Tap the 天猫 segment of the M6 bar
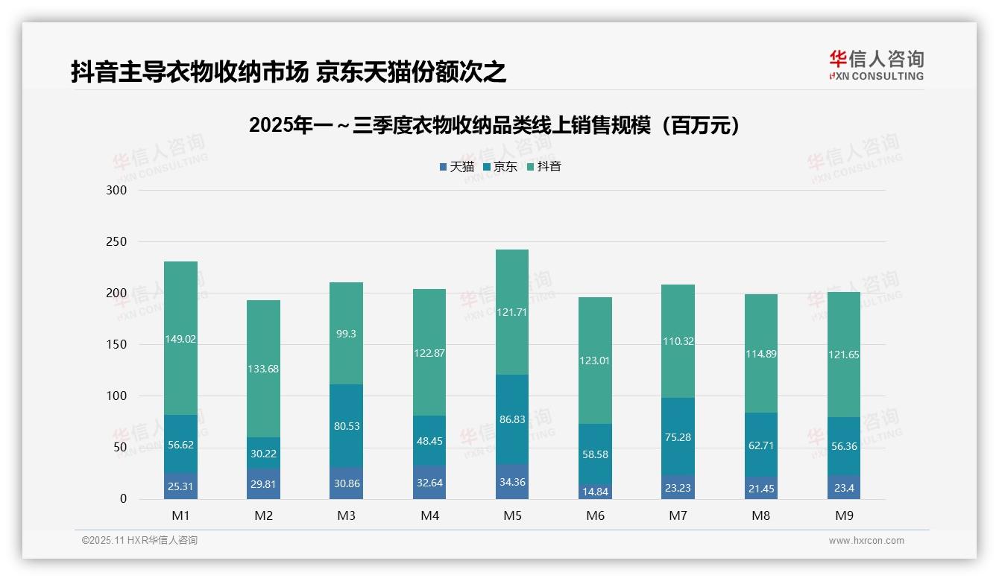click(594, 492)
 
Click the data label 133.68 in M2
click(263, 369)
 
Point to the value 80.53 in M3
click(346, 426)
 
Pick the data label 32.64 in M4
click(429, 482)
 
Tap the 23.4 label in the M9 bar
click(843, 488)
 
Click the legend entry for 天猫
click(456, 167)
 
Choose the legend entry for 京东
click(500, 167)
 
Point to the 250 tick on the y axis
click(117, 242)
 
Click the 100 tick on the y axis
click(117, 396)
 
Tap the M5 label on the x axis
click(511, 515)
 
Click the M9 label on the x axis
click(843, 515)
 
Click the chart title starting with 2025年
click(497, 125)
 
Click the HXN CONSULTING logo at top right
click(876, 66)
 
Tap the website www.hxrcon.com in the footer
click(866, 541)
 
